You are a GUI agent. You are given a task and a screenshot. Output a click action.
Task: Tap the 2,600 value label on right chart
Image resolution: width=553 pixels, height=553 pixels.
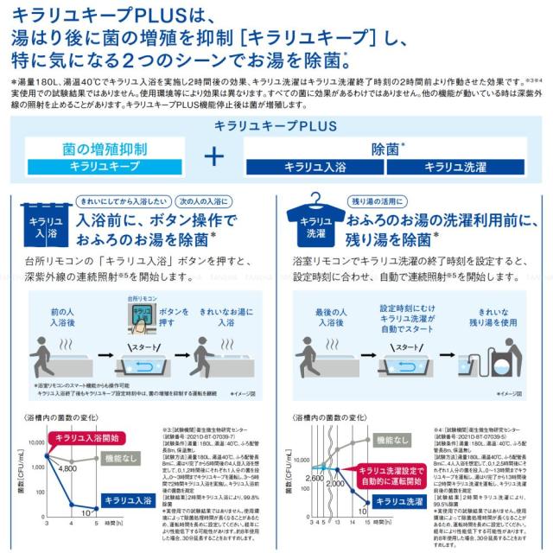pyautogui.click(x=315, y=477)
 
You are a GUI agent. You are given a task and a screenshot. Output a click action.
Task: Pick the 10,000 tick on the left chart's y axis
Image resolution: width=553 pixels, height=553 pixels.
pyautogui.click(x=38, y=441)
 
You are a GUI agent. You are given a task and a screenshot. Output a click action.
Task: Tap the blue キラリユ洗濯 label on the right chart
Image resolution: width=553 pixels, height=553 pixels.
pyautogui.click(x=405, y=501)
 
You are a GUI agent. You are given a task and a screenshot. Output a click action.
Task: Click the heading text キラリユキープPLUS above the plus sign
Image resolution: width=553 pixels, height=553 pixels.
pyautogui.click(x=276, y=125)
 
